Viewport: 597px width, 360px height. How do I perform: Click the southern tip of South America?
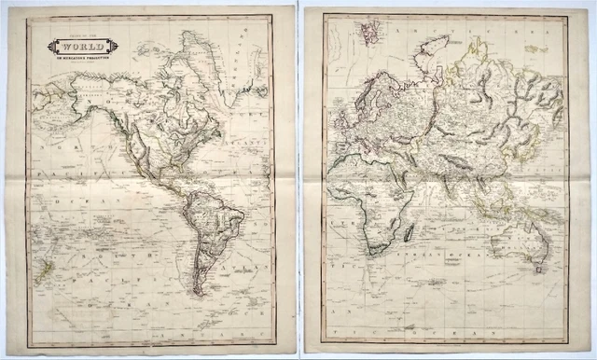coord(198,292)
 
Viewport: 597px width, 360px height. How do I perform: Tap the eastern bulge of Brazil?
coord(241,220)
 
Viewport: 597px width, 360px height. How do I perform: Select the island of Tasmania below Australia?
coord(537,270)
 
